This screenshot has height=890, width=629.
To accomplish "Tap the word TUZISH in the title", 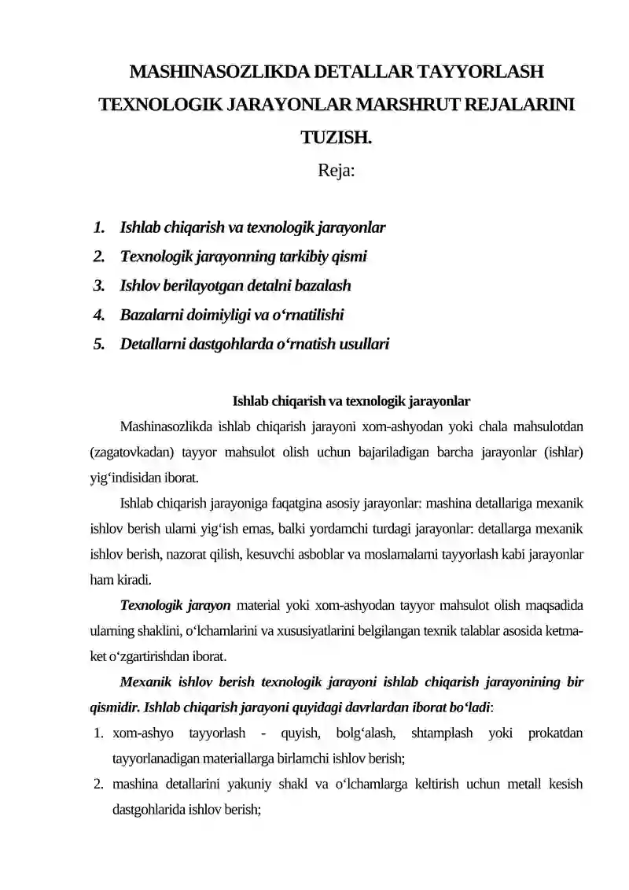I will click(336, 138).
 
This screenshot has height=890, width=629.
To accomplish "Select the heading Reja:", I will click(337, 170).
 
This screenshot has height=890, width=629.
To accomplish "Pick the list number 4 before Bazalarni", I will click(98, 315).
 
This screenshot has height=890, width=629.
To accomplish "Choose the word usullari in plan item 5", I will click(360, 344).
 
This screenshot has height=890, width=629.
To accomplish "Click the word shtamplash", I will click(443, 733).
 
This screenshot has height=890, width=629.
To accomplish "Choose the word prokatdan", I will click(556, 733).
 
